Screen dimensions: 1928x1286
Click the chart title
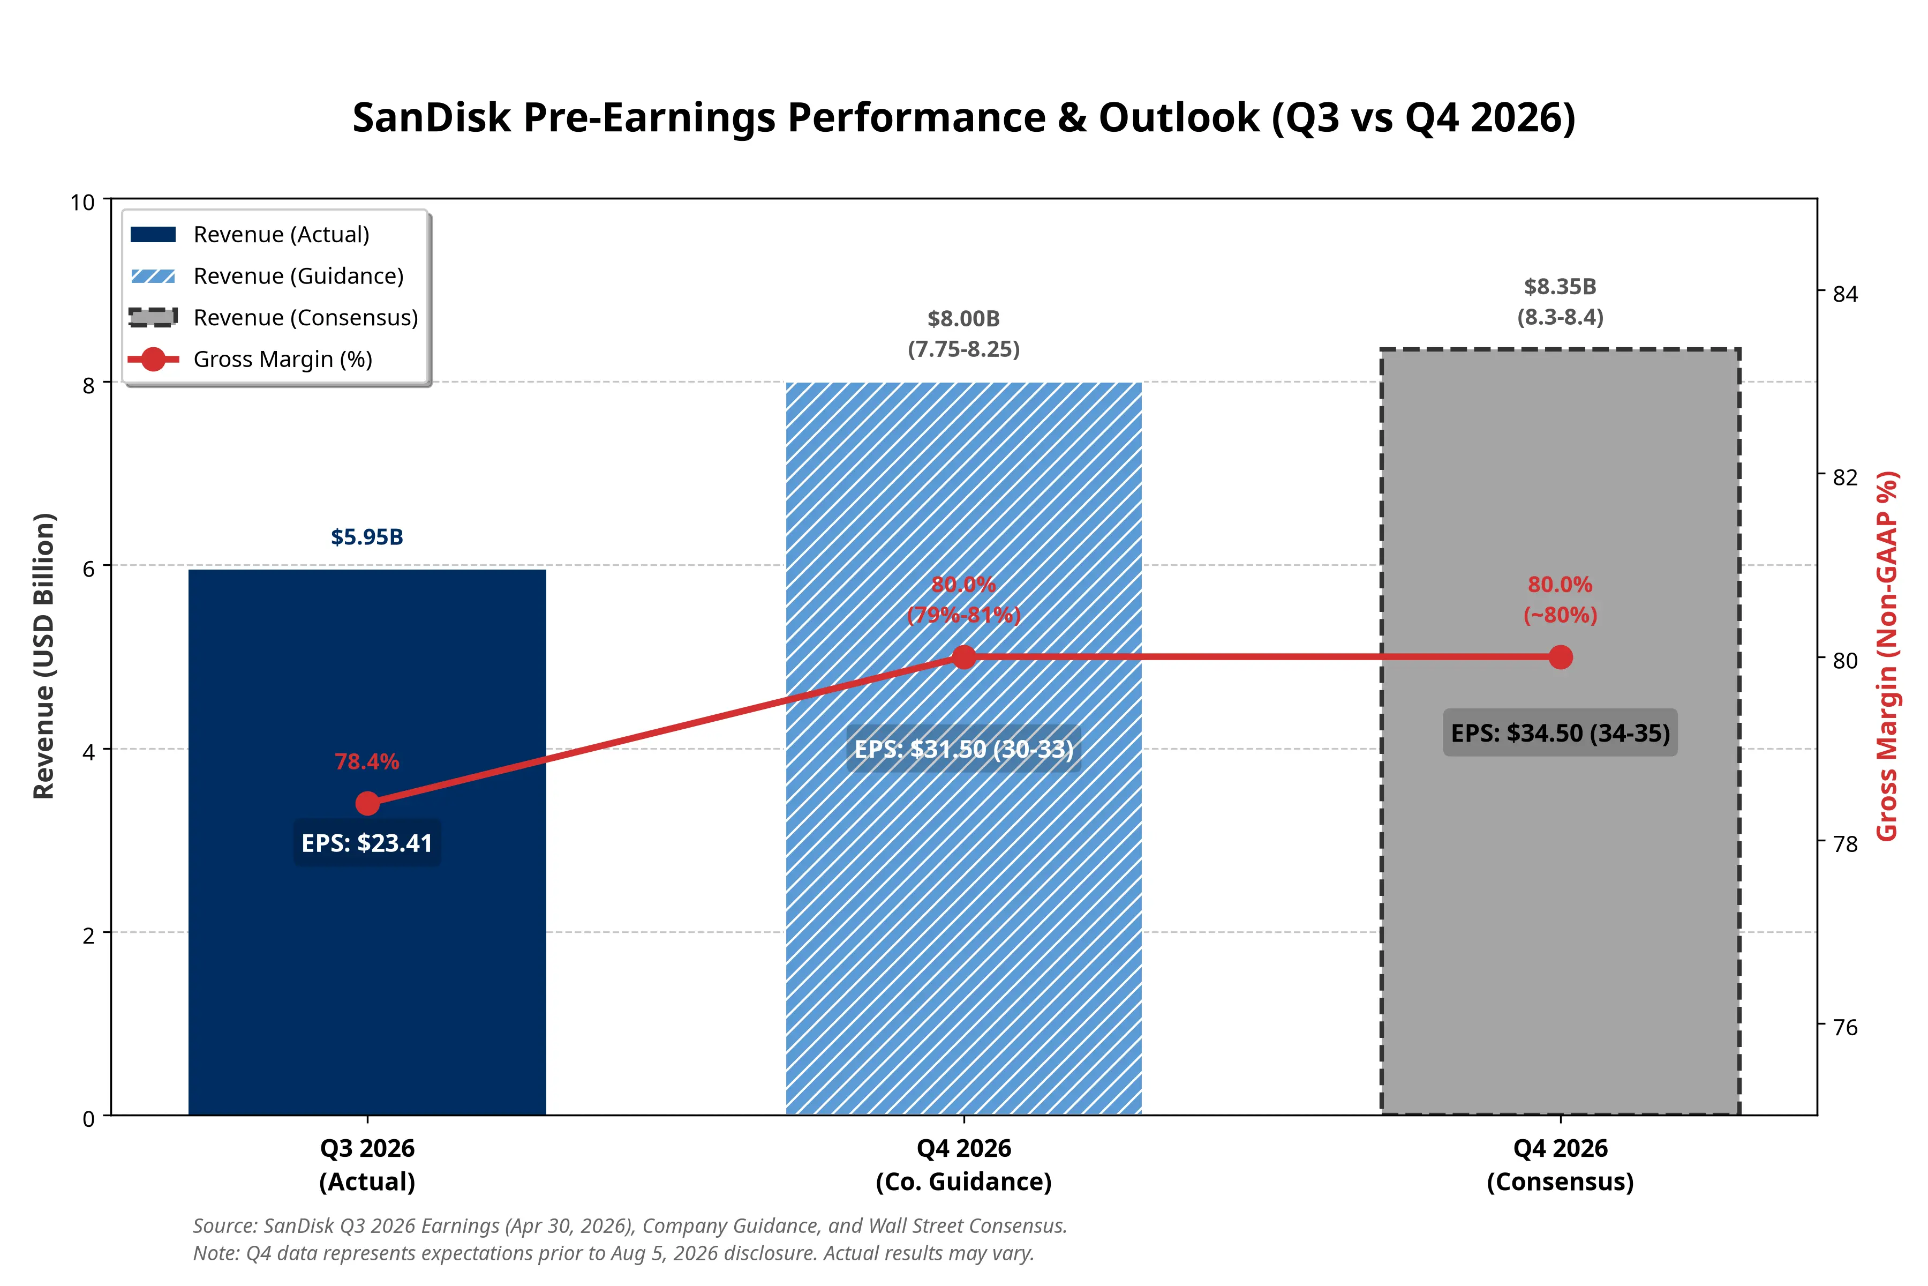964,117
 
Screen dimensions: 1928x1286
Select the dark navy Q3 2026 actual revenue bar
367,842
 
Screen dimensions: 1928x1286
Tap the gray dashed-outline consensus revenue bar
1561,731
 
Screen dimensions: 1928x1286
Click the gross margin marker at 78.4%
367,804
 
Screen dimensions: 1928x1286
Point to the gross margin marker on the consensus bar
1561,657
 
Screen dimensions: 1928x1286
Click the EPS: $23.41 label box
367,843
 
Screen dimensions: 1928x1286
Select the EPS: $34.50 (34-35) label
1561,732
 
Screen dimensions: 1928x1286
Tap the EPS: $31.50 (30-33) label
964,749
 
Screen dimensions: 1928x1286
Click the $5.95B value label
367,537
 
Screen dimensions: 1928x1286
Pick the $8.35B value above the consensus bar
1561,287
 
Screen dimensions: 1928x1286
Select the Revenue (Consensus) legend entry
274,317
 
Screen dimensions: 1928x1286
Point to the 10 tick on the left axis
83,202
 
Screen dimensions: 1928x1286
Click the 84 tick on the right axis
1845,294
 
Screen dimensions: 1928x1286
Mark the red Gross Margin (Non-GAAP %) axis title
1888,656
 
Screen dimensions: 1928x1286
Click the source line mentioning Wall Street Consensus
630,1226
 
